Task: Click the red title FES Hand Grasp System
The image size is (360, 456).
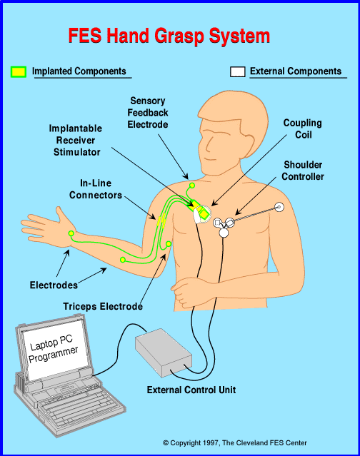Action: point(169,36)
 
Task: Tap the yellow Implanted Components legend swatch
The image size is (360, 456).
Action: point(19,72)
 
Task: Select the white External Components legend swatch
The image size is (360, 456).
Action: point(237,72)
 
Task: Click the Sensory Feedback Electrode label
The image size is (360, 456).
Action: point(148,113)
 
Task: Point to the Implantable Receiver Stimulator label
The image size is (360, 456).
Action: point(76,140)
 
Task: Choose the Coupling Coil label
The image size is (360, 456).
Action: point(303,128)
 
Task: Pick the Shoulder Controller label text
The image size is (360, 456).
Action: point(303,171)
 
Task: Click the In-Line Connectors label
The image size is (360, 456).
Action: point(96,189)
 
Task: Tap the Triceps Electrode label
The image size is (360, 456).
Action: point(103,306)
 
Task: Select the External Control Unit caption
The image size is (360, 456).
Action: point(191,390)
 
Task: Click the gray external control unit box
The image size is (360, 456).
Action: point(164,353)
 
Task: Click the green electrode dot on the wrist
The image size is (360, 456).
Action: point(71,233)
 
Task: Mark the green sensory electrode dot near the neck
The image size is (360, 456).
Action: point(192,186)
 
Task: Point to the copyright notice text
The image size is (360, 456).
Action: point(235,443)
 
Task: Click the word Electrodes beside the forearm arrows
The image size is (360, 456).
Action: point(54,285)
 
